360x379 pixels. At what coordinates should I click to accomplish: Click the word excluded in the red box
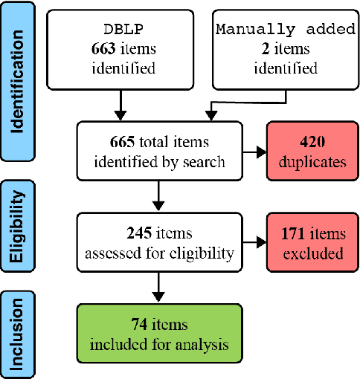(308, 253)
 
